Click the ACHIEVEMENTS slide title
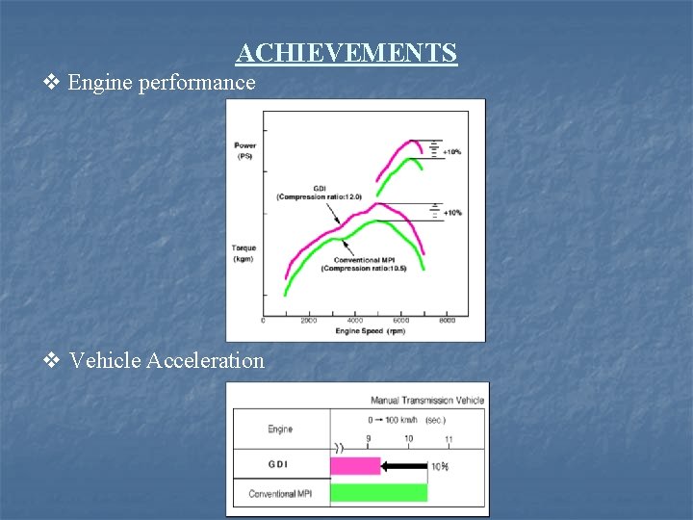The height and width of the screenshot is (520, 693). [346, 52]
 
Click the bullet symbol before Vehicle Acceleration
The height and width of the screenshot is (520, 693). [53, 361]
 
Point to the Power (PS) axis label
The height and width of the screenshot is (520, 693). [244, 150]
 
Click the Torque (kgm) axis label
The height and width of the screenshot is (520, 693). [244, 252]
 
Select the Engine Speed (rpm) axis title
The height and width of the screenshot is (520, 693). [370, 331]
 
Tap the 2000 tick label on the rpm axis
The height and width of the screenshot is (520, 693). [309, 321]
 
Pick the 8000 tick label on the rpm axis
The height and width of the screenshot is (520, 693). [448, 321]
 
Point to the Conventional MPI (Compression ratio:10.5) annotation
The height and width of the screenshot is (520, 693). [364, 264]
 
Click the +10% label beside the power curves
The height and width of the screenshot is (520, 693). [452, 152]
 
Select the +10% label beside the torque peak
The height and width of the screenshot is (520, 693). [452, 212]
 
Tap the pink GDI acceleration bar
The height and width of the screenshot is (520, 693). [355, 466]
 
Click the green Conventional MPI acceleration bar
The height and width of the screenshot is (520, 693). [378, 493]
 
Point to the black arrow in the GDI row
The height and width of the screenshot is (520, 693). [403, 466]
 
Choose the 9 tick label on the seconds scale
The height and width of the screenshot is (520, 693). [368, 439]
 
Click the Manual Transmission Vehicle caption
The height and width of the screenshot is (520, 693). [427, 400]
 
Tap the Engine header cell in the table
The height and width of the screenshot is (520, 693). [280, 429]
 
